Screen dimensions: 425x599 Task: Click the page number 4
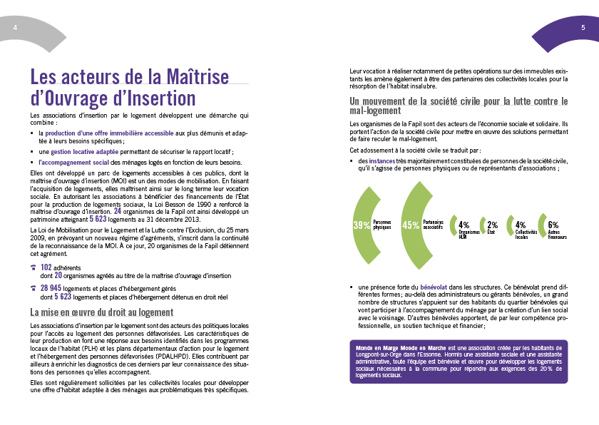click(x=15, y=26)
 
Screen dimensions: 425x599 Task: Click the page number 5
click(x=583, y=26)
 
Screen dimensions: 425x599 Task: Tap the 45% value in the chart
click(x=411, y=225)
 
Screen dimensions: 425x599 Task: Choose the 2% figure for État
click(x=492, y=225)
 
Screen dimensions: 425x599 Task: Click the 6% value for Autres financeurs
click(x=553, y=225)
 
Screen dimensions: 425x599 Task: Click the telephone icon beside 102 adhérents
click(x=34, y=267)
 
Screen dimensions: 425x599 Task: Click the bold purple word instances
click(x=382, y=161)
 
